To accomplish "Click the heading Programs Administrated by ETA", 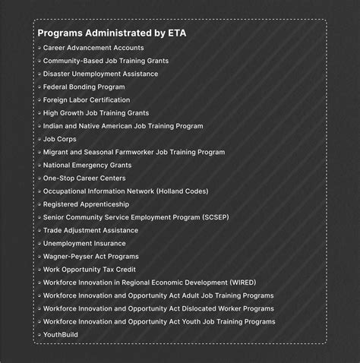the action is tap(112, 33).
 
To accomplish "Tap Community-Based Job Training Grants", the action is tap(106, 61).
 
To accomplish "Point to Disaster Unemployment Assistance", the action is tap(100, 74).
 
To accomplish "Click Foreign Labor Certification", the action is tap(87, 99).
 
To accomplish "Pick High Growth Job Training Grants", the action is tap(96, 112).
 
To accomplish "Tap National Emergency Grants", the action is tap(87, 165).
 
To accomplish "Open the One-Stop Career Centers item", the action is tap(85, 178).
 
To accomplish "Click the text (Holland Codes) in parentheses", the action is tap(182, 191).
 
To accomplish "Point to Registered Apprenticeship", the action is tap(86, 204).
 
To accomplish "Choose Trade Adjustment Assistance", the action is tap(90, 230).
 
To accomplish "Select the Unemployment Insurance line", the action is tap(84, 243).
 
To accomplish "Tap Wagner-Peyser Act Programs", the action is tap(90, 256).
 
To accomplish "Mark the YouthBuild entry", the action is tap(61, 334).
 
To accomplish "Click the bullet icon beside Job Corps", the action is tap(39, 139).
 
